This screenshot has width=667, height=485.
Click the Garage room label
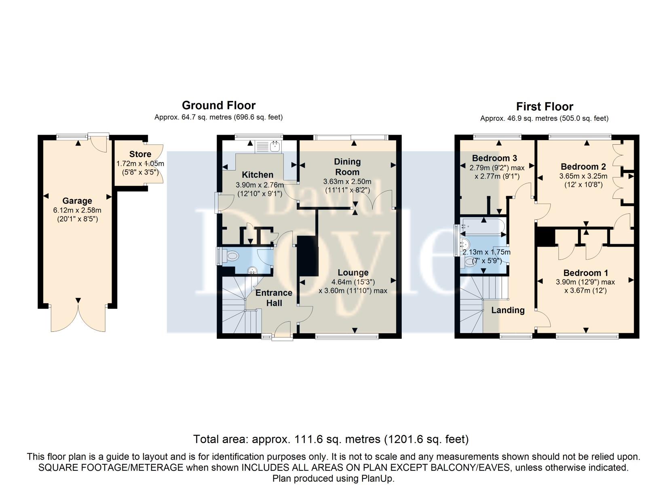point(77,201)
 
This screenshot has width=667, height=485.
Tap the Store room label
point(140,154)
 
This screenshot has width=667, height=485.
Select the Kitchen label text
point(258,175)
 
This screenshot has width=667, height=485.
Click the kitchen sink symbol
point(268,146)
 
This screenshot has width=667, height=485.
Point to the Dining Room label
point(347,167)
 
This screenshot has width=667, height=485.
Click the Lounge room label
point(353,272)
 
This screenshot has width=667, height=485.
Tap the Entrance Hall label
point(274,298)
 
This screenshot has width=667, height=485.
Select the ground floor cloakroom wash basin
point(253,270)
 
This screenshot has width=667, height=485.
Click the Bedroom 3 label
point(495,158)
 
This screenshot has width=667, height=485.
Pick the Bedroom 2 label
point(583,167)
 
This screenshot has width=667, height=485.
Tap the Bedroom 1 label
point(586,273)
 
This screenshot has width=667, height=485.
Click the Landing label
point(508,310)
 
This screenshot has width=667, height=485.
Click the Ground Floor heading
point(219,105)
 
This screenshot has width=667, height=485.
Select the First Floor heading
point(545,107)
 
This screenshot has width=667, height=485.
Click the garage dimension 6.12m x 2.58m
point(78,210)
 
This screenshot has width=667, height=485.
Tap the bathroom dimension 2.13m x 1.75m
point(486,252)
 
